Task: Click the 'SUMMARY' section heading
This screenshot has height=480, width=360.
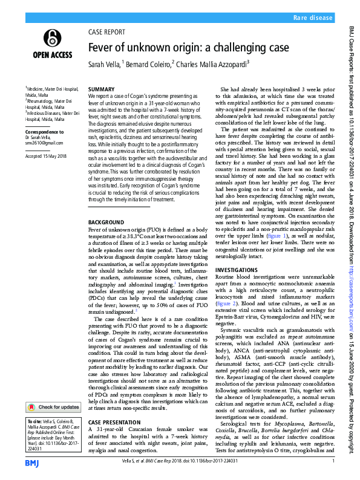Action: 101,89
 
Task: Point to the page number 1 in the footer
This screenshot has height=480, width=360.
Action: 333,461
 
